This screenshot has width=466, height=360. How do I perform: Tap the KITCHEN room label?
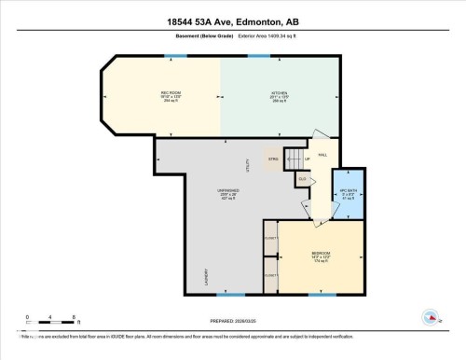(x=278, y=93)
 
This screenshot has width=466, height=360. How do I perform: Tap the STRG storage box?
(x=274, y=159)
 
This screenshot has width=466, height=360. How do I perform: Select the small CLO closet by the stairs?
(x=302, y=176)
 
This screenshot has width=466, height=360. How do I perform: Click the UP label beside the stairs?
(x=306, y=159)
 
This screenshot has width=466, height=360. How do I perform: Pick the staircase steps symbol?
(x=294, y=159)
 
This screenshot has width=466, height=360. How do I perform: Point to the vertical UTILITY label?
(x=247, y=165)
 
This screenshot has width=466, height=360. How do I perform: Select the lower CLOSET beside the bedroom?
(x=270, y=276)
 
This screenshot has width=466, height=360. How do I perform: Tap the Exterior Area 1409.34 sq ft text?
(x=275, y=38)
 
